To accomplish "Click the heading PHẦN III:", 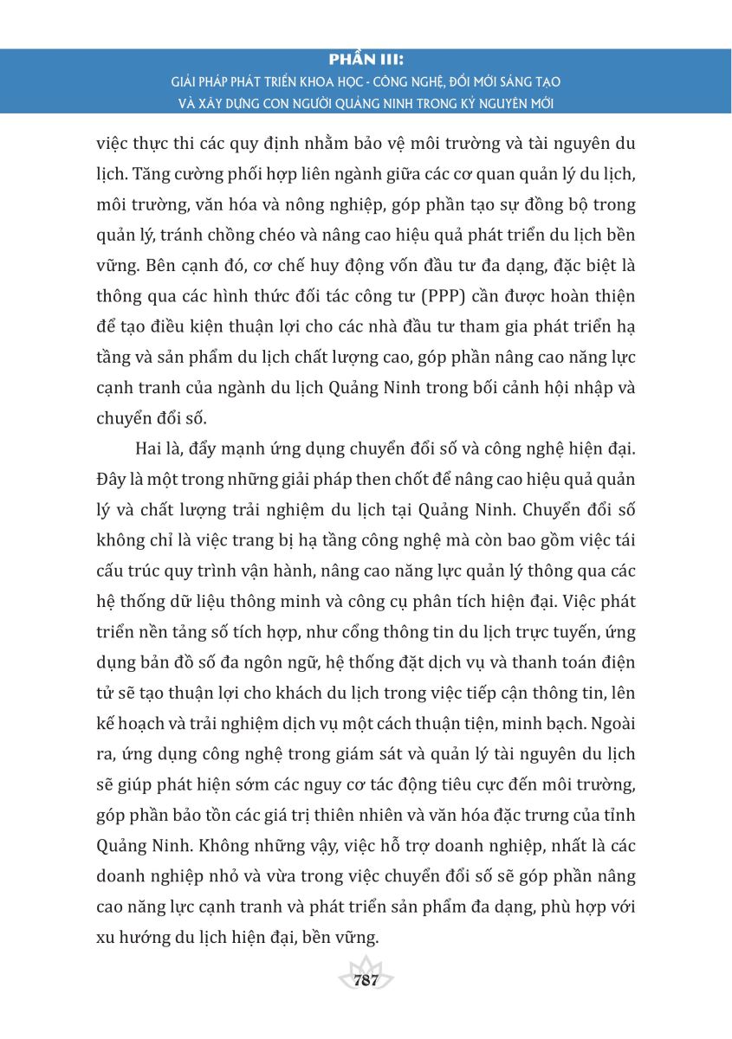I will (366, 61).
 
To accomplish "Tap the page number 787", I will (366, 981).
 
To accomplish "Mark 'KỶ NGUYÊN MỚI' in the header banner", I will (504, 103).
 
